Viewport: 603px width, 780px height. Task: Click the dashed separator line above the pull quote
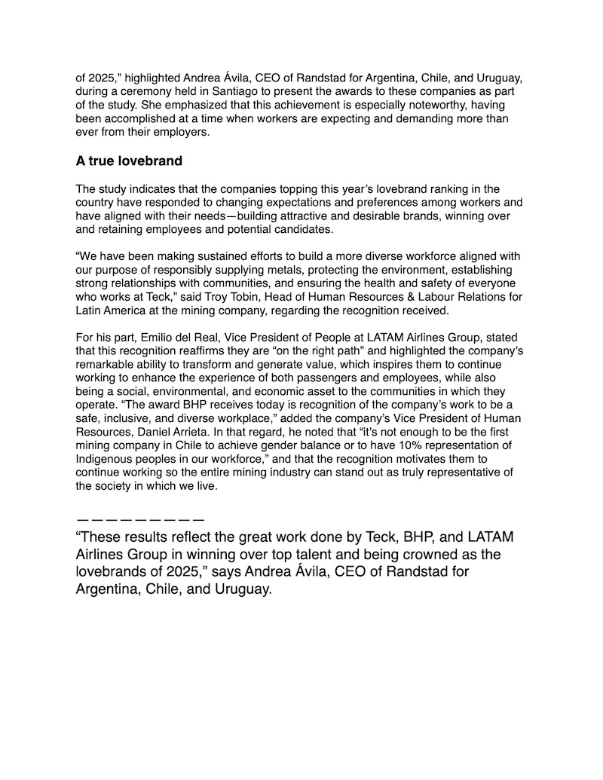[140, 518]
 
